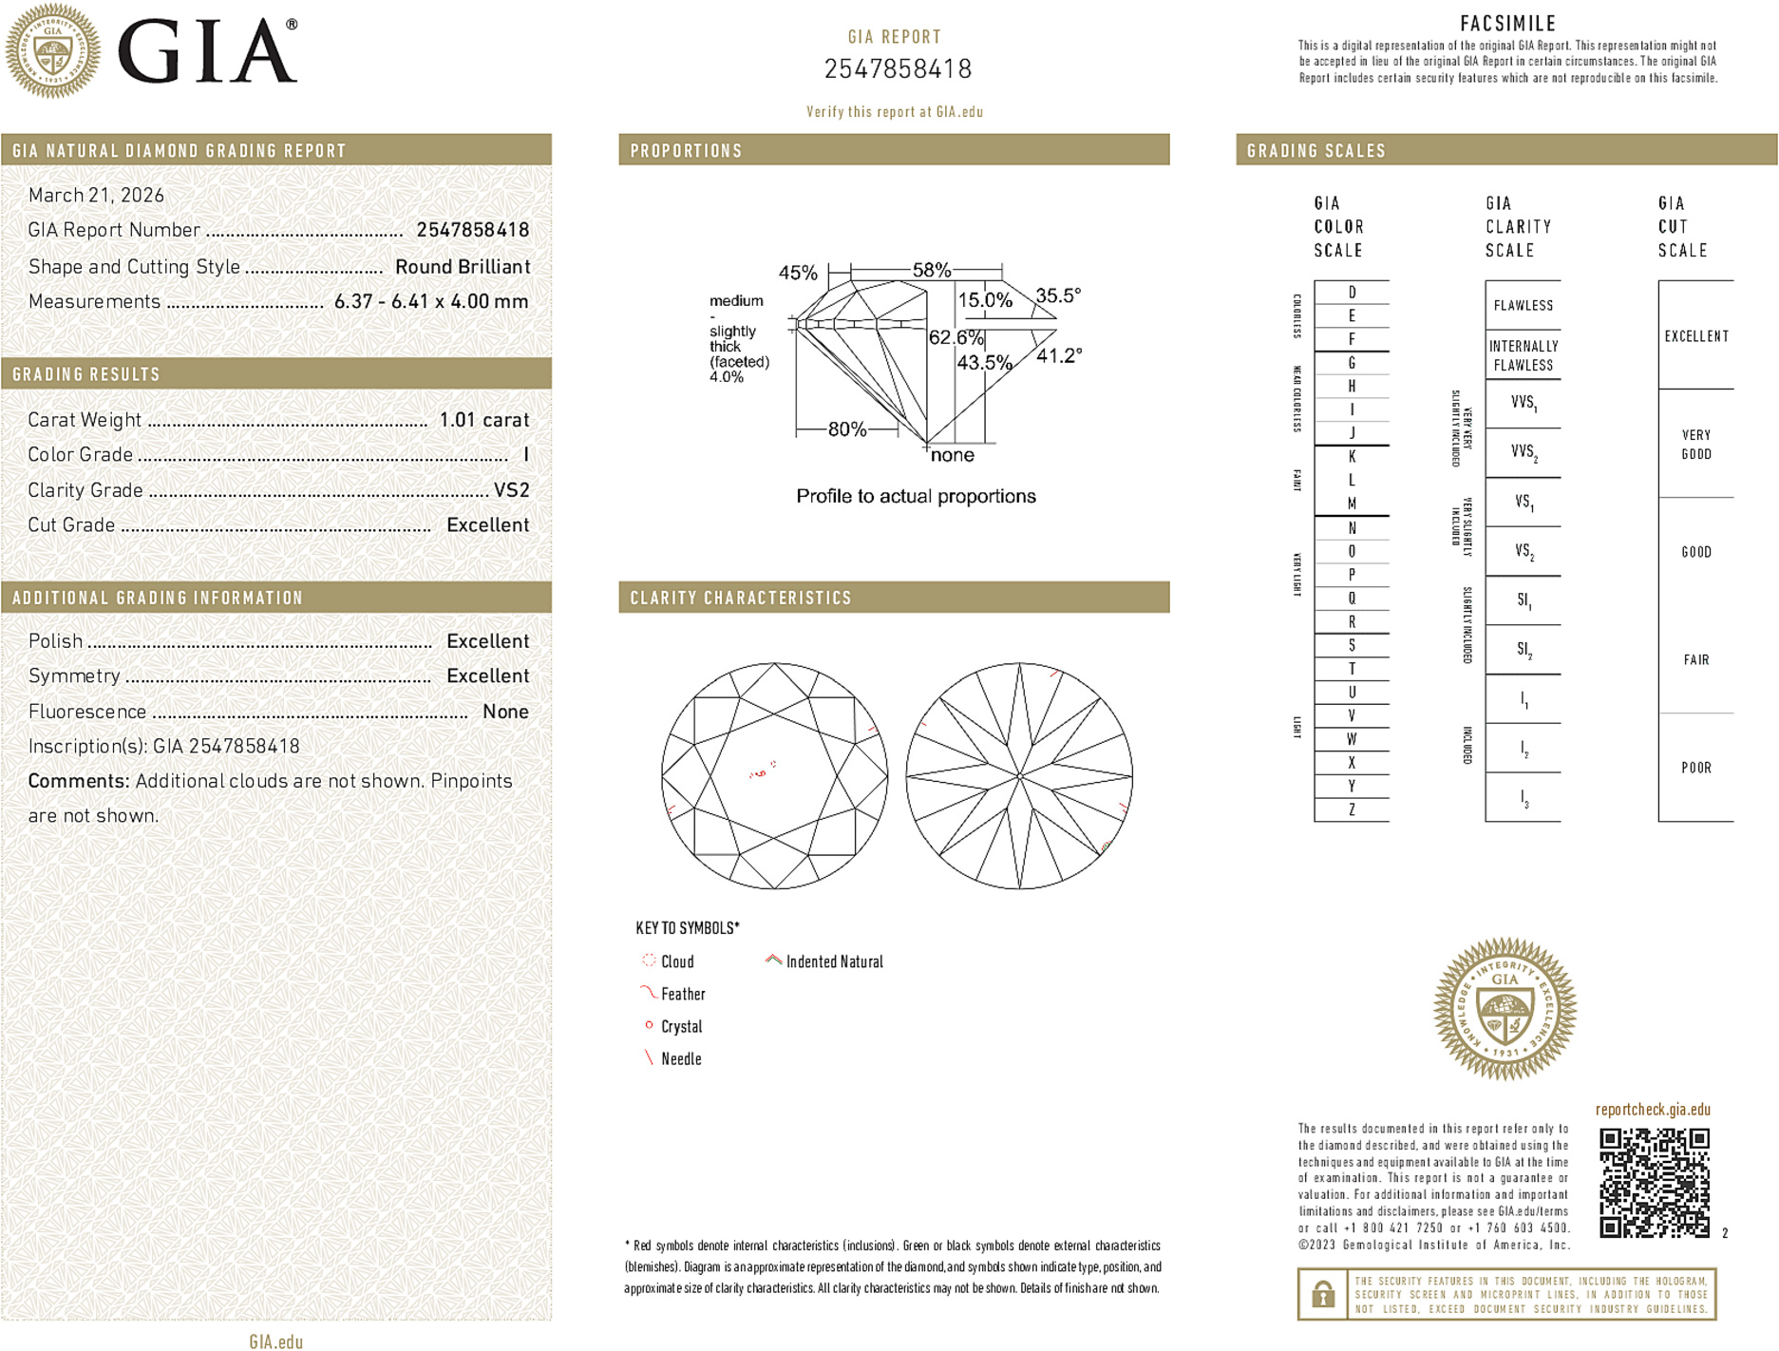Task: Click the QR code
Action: (x=1654, y=1182)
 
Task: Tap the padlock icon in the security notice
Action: (x=1323, y=1294)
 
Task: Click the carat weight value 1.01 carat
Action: (x=483, y=420)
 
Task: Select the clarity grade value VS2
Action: (x=511, y=490)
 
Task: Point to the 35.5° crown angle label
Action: (x=1057, y=295)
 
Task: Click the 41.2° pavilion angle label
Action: (x=1058, y=355)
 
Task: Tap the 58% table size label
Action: (x=931, y=270)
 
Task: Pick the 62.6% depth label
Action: (x=956, y=337)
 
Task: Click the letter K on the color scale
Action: (x=1352, y=457)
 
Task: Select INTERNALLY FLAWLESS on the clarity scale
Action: (x=1523, y=355)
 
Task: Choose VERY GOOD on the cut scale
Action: (x=1695, y=444)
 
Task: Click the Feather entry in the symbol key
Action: (x=682, y=994)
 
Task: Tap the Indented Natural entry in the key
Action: (x=833, y=961)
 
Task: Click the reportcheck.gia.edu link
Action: (x=1652, y=1109)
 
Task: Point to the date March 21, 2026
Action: (x=96, y=195)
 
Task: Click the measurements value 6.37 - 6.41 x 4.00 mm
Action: (x=430, y=301)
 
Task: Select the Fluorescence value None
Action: (x=505, y=712)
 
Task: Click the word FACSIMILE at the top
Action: (x=1507, y=24)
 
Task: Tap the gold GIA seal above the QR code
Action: (x=1504, y=1008)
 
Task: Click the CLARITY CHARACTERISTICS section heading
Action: (x=741, y=598)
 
